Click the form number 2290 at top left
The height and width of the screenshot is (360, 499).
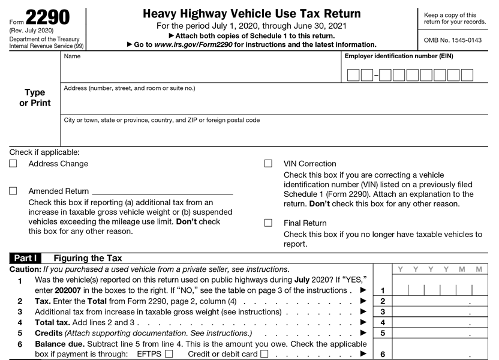48,17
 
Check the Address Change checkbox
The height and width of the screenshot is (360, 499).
13,164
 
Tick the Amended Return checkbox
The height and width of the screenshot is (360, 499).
13,191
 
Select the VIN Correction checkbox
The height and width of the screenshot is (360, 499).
268,164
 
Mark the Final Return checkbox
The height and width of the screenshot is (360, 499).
268,223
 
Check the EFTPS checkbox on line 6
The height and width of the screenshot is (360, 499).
169,354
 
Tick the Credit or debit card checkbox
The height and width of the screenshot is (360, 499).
264,354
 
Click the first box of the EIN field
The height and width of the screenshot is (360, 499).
353,75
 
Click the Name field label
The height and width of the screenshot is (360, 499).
72,56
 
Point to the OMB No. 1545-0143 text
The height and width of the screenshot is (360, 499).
453,40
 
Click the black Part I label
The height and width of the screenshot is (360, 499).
26,259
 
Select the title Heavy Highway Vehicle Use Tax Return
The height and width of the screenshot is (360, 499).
252,14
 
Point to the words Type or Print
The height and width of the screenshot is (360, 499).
35,98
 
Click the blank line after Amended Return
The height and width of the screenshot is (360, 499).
162,191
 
